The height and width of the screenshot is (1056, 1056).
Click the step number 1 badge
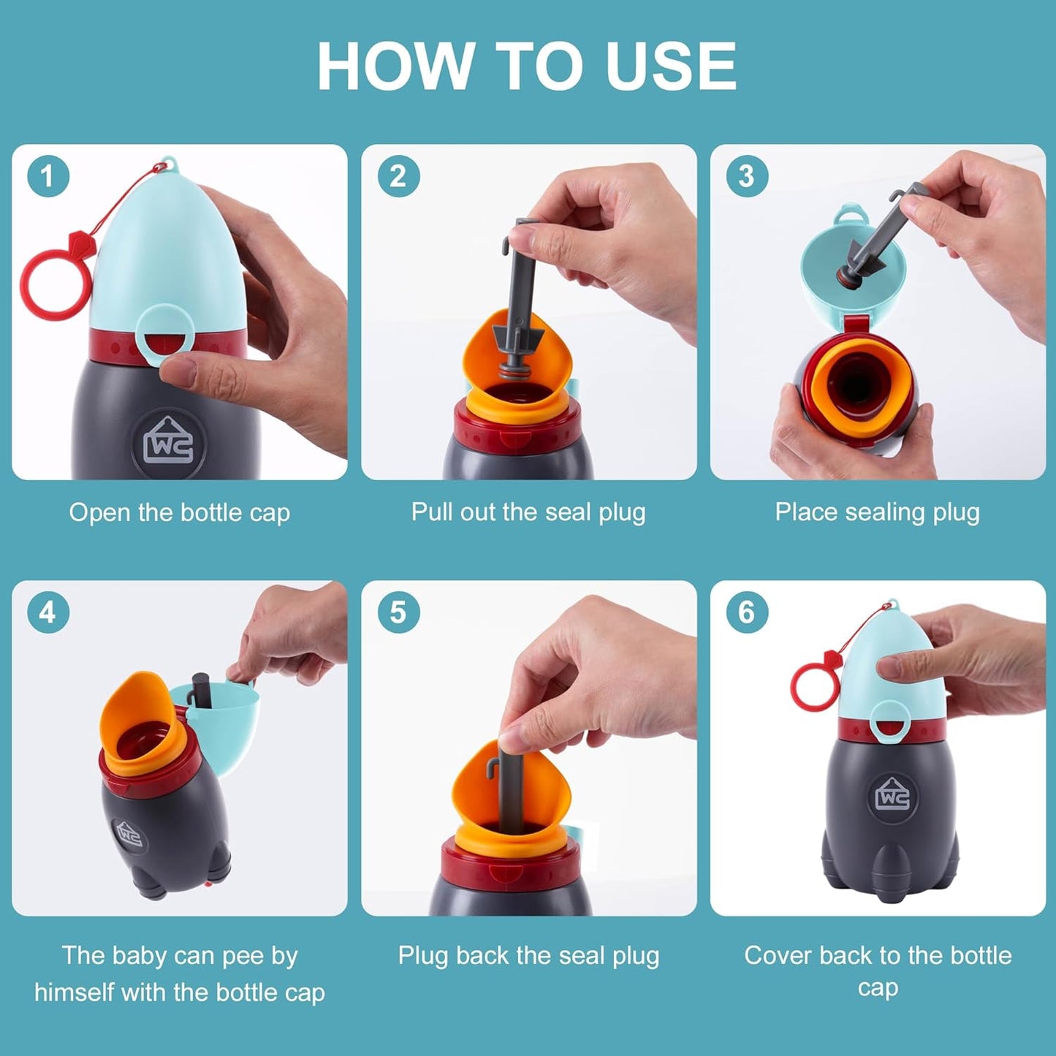pyautogui.click(x=48, y=176)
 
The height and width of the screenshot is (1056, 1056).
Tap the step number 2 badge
pyautogui.click(x=398, y=176)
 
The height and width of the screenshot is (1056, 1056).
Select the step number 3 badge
pyautogui.click(x=747, y=176)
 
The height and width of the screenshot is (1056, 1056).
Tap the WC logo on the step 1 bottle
pyautogui.click(x=169, y=443)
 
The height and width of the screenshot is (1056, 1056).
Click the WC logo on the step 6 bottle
pyautogui.click(x=893, y=794)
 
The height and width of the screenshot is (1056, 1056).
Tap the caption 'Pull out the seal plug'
pyautogui.click(x=528, y=512)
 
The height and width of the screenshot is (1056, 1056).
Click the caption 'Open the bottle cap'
pyautogui.click(x=180, y=512)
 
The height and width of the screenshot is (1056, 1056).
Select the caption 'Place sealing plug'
pyautogui.click(x=877, y=512)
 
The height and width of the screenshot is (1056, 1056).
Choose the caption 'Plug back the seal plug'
pyautogui.click(x=528, y=955)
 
